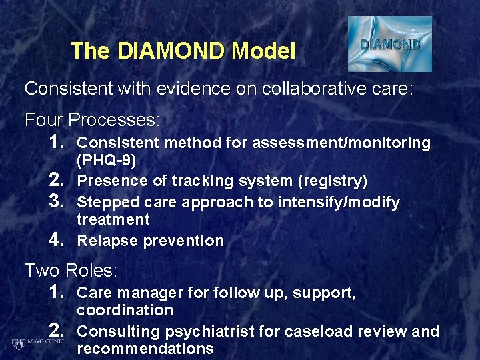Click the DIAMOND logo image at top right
390,45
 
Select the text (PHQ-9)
107,161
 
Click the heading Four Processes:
92,121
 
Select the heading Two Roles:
71,271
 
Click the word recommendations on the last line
145,349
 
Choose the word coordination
125,310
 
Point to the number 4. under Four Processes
58,239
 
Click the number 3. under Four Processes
58,201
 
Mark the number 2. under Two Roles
58,330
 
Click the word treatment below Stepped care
113,219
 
